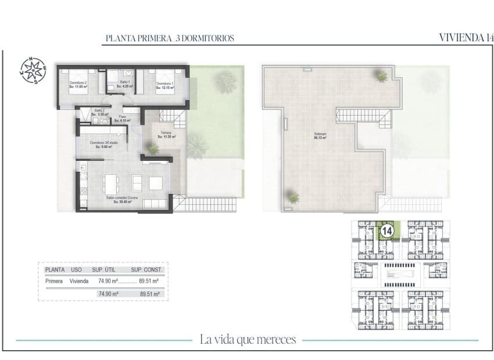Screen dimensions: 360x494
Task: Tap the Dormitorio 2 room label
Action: [78, 85]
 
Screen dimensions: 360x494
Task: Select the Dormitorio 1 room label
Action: [164, 85]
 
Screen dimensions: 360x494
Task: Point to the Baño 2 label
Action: [100, 113]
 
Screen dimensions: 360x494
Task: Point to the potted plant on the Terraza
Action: [153, 149]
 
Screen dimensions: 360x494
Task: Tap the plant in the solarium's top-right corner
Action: [381, 75]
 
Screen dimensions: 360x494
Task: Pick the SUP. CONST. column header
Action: [147, 270]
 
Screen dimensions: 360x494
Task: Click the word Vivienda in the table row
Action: [79, 282]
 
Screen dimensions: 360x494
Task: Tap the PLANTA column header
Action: [55, 270]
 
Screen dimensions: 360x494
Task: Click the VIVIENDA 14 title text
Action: [466, 38]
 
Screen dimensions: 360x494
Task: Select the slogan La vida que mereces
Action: [248, 339]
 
